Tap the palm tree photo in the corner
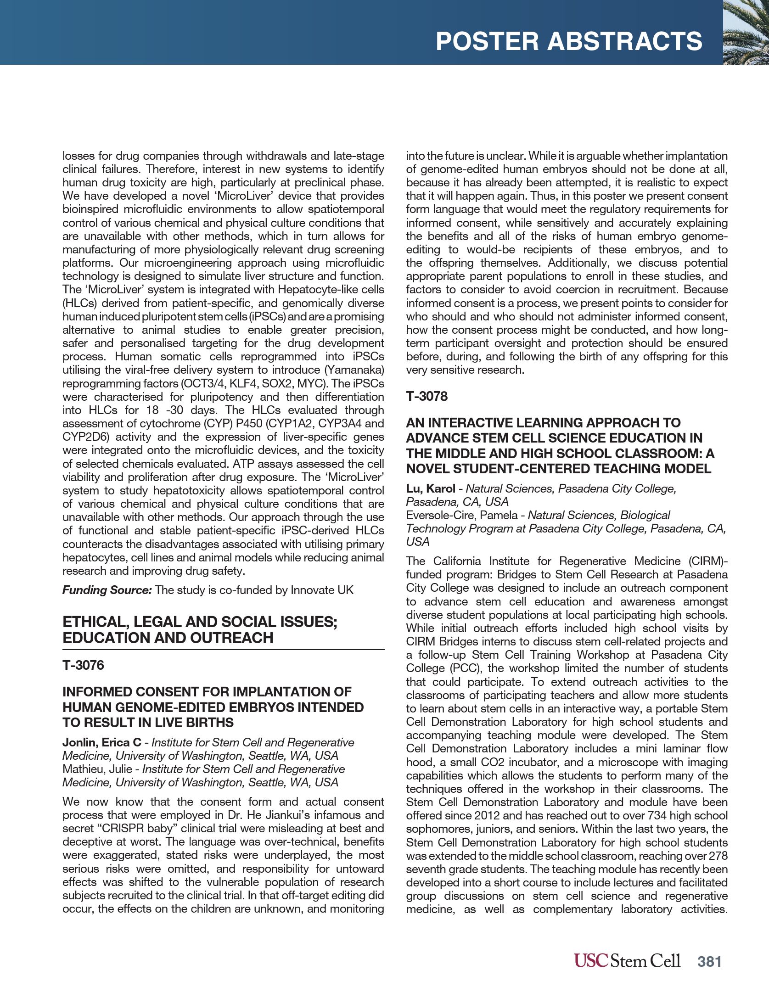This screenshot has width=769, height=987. tap(746, 32)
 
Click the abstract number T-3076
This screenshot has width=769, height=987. tap(83, 665)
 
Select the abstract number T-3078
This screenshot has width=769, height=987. tap(427, 396)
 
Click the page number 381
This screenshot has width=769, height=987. tap(709, 961)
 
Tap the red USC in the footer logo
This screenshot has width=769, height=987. tap(591, 961)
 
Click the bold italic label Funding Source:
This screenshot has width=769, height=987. tap(107, 590)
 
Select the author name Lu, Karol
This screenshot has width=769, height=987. tap(430, 488)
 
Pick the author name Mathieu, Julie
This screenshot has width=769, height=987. tap(97, 769)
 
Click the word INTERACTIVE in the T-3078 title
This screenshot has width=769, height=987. tap(474, 422)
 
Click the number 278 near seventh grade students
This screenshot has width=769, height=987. tap(718, 856)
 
